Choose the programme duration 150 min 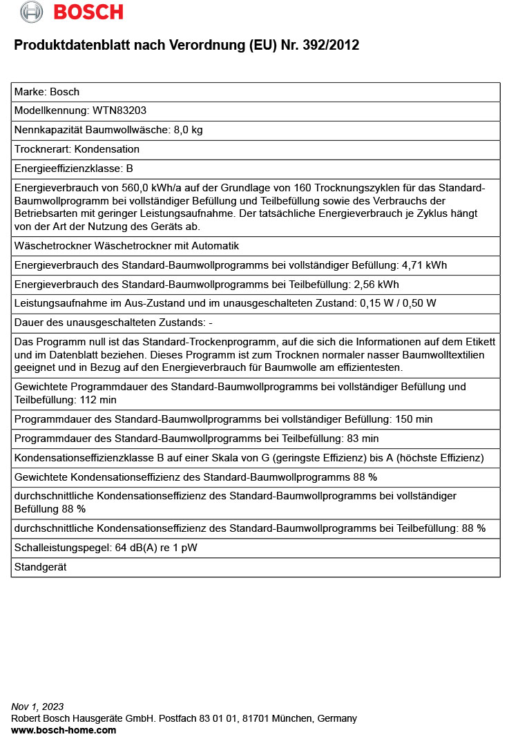[413, 419]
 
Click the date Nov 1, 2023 [37, 707]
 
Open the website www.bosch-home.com [64, 730]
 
